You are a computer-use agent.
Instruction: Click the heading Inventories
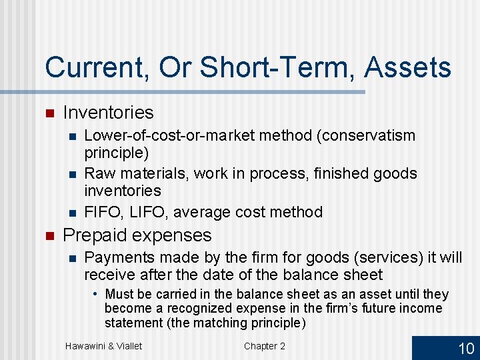(108, 113)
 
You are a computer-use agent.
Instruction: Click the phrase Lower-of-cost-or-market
(170, 135)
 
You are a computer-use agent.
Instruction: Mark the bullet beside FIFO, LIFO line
(73, 213)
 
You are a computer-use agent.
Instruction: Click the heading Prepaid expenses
(137, 235)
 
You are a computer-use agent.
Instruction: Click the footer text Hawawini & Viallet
(103, 345)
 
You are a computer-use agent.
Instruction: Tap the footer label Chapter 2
(264, 345)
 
